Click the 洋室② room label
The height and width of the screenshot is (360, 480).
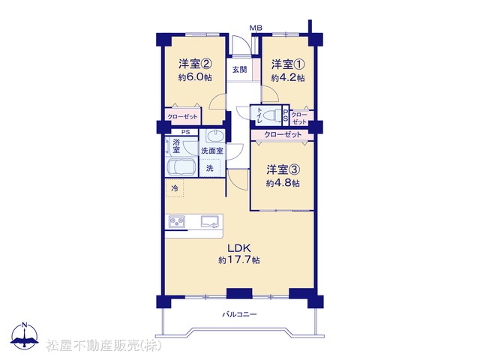[x=195, y=64]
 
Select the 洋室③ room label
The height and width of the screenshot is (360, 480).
[x=283, y=169]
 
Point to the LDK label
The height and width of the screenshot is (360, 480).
[x=238, y=247]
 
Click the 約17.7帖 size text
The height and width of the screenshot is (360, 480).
[x=239, y=260]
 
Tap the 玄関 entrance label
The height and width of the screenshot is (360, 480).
[x=239, y=70]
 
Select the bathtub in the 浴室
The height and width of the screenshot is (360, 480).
[x=181, y=167]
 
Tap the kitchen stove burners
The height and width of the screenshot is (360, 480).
[x=177, y=221]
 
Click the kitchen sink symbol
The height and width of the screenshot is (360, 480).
[x=210, y=221]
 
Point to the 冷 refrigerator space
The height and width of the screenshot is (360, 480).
[x=175, y=188]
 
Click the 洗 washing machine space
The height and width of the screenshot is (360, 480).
[x=210, y=168]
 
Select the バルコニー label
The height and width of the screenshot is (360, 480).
[x=239, y=314]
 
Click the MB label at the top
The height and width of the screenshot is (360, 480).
[x=256, y=28]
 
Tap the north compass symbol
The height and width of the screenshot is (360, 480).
[x=25, y=336]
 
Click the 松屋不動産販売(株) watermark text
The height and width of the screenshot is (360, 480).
[x=103, y=346]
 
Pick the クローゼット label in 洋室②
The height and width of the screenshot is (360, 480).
[x=182, y=117]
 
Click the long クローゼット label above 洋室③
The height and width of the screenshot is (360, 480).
[x=283, y=134]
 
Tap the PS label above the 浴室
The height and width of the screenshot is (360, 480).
[x=185, y=132]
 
